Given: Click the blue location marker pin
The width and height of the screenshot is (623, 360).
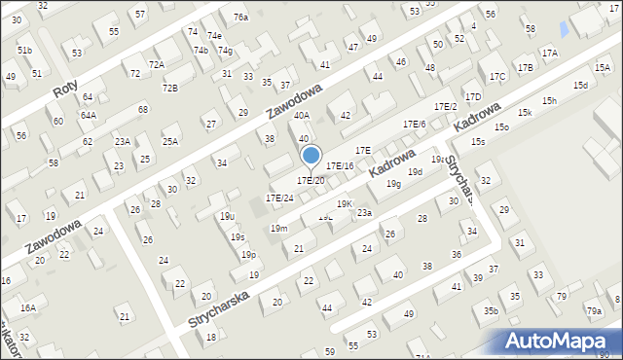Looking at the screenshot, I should pos(311,156).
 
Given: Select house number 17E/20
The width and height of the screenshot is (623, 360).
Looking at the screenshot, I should pos(311,180).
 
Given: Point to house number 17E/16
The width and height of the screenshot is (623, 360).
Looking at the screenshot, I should pos(340,166).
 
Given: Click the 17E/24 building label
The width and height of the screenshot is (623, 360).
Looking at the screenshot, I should pos(279,198).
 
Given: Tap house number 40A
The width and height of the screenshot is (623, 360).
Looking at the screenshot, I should pos(302,116).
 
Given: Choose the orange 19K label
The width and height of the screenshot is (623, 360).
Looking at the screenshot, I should pos(346,203).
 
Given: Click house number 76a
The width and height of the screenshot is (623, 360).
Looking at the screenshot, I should pos(240,18).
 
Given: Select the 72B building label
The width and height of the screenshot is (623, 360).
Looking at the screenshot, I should pos(169,89).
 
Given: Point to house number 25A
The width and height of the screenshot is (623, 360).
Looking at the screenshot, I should pos(170,141).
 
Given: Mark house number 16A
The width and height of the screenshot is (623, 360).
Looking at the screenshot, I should pos(28,307).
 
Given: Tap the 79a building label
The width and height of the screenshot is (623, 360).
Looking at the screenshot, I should pos(594,311).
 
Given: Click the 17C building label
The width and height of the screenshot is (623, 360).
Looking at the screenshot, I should pos(497,76).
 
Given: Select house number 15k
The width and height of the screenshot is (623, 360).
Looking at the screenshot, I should pos(525,114).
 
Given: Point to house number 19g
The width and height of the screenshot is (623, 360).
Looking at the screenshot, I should pos(392,183).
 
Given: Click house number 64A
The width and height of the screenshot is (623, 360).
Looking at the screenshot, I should pos(89,115).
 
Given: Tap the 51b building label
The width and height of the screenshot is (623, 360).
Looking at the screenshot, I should pos(25,51).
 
